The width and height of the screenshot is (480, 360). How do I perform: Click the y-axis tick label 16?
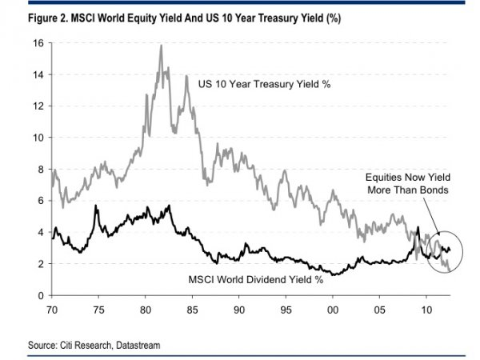[38, 43]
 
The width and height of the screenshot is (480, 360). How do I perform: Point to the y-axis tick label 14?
[38, 74]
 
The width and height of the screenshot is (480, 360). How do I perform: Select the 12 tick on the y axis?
[38, 106]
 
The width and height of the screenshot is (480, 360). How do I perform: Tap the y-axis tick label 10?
[38, 138]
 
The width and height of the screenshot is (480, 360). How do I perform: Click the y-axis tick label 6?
[40, 201]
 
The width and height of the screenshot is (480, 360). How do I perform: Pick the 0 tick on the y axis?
[40, 295]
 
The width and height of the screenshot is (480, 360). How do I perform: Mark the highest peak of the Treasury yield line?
[161, 46]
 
